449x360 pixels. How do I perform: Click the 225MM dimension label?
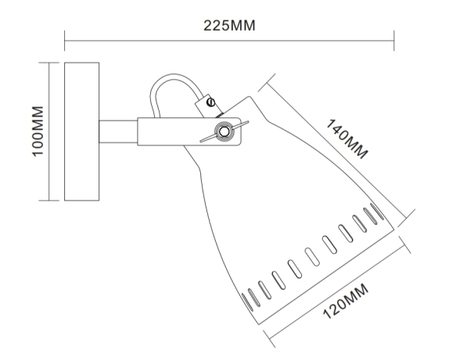click(230, 25)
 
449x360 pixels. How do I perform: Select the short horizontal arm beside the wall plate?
click(117, 131)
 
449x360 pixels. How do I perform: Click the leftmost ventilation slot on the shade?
click(249, 299)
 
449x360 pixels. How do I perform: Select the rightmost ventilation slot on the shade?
click(377, 212)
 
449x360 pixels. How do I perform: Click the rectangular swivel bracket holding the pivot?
click(188, 131)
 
